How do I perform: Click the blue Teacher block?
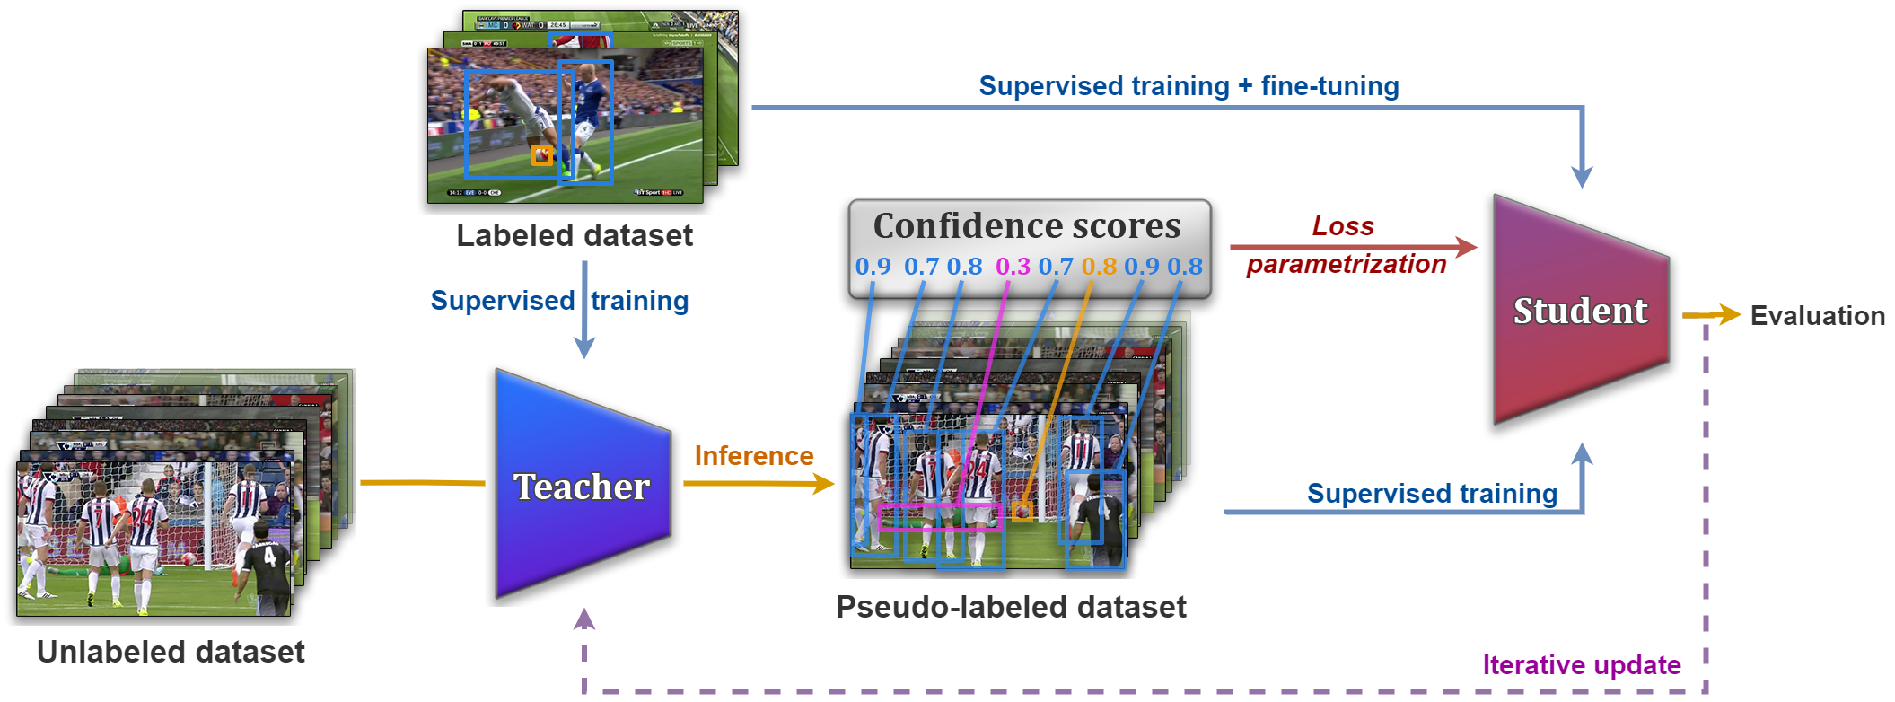(582, 485)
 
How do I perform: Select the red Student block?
(1580, 311)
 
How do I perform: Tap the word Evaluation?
(1817, 316)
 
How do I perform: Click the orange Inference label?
(754, 456)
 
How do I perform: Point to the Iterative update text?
(1581, 665)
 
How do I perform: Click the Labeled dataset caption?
(575, 235)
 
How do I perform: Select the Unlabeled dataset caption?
(171, 652)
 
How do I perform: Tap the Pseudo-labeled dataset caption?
(1011, 607)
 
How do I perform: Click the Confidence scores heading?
(1027, 226)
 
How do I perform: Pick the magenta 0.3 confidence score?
(1013, 267)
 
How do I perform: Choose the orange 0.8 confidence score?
(1099, 267)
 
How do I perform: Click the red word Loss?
(1343, 226)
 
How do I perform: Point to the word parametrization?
(1347, 264)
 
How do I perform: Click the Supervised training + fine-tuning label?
(1189, 86)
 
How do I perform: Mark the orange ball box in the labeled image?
(541, 155)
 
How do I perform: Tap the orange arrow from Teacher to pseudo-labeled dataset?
(759, 484)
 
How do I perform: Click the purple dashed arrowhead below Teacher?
(584, 619)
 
